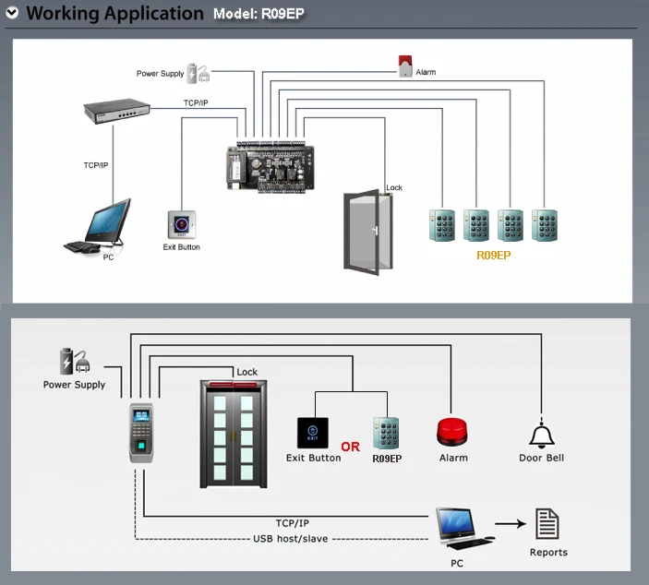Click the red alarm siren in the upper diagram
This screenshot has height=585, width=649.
coord(405,66)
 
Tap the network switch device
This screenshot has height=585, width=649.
coord(116,111)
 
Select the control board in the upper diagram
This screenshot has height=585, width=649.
coord(270,167)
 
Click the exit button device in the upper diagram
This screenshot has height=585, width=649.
coord(182,224)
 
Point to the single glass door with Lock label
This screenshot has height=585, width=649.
coord(368,233)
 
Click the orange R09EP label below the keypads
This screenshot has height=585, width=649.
coord(493,256)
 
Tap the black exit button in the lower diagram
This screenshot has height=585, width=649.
coord(313,433)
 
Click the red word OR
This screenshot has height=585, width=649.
coord(351,447)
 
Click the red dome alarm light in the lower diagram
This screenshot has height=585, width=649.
coord(452,433)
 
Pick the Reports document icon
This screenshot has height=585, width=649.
coord(547,524)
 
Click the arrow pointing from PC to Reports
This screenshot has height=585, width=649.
coord(511,524)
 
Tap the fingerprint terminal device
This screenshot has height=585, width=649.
coord(141,433)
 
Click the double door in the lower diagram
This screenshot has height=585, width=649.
coord(234,435)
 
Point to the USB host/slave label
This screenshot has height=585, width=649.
coord(291,539)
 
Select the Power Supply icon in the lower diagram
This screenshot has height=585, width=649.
coord(75,361)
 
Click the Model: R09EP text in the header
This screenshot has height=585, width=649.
coord(258,14)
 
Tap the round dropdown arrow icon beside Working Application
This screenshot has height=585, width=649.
coord(12,13)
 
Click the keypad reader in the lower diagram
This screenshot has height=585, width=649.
coord(386,433)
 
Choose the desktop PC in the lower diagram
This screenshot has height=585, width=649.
coord(464,529)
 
